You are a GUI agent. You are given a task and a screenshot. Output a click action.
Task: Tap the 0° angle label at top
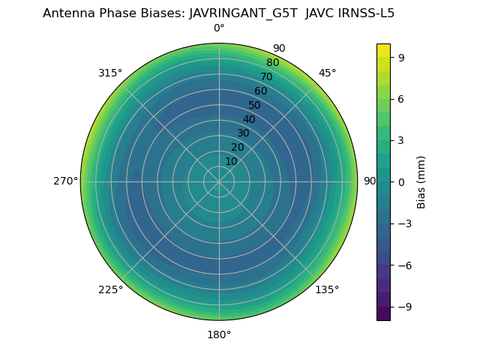click(219, 28)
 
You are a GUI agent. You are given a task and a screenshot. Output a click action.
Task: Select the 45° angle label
click(328, 73)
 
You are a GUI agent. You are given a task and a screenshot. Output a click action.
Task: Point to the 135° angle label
click(327, 289)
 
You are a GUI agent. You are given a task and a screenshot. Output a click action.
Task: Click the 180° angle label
click(219, 334)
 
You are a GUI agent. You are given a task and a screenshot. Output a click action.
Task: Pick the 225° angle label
click(110, 289)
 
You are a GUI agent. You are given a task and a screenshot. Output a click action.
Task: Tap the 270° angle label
click(65, 181)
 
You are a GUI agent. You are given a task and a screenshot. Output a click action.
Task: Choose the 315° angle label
click(110, 73)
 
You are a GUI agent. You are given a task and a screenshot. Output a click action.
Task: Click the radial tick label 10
click(231, 161)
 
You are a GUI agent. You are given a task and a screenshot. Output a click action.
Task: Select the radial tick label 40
click(249, 119)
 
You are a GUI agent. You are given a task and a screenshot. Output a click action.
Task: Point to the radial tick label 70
click(266, 77)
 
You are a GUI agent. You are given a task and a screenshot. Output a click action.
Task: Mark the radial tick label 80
click(272, 63)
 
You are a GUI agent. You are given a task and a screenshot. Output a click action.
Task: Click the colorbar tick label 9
click(402, 57)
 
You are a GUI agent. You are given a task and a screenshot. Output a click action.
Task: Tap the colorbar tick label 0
click(402, 181)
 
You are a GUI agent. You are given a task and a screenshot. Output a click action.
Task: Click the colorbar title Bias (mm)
click(421, 181)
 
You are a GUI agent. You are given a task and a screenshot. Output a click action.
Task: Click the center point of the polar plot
click(219, 181)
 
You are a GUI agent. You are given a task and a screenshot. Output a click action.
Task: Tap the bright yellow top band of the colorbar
click(383, 50)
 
